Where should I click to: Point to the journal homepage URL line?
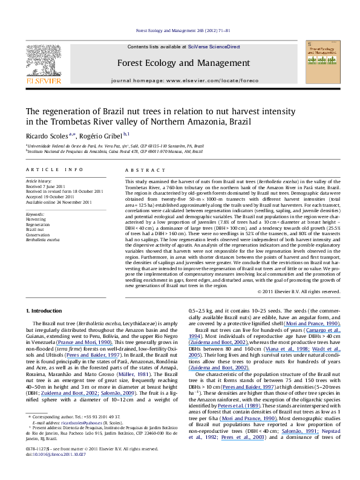(x=180, y=80)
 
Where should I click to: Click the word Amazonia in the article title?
(x=200, y=122)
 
